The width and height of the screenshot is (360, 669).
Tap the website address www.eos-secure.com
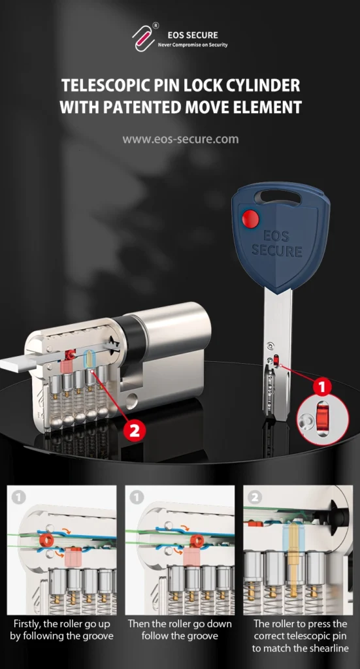[x=180, y=139]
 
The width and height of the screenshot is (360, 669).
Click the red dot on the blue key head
[x=250, y=219]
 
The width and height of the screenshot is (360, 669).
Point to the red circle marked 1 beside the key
[x=321, y=386]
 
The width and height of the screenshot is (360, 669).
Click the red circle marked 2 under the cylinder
[x=134, y=431]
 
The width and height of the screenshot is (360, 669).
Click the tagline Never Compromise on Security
[x=193, y=45]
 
